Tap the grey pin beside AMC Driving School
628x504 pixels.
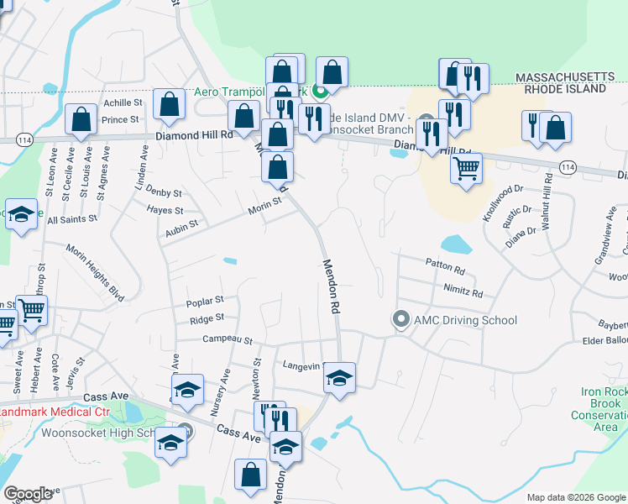tap(400, 320)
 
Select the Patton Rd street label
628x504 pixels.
tap(445, 267)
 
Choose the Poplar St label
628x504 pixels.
tap(207, 299)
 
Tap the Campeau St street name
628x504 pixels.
tap(227, 339)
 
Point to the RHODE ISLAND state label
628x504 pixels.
tap(565, 88)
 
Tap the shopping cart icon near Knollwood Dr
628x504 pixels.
tap(466, 167)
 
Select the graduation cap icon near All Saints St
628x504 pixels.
tap(22, 213)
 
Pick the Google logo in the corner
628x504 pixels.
tap(28, 494)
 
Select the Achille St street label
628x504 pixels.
tap(123, 102)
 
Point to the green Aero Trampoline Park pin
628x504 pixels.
tap(319, 92)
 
